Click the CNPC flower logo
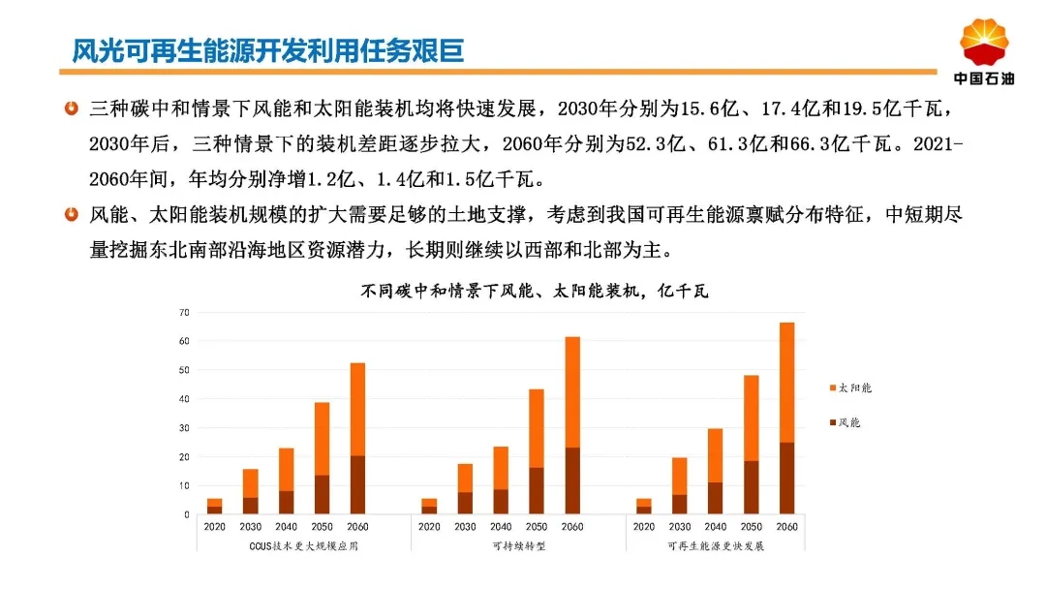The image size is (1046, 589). click(x=984, y=43)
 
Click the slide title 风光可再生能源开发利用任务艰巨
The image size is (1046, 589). click(x=267, y=50)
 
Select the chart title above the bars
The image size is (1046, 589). click(x=535, y=291)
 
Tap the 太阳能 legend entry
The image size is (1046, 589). click(x=850, y=387)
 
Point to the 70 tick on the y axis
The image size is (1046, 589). click(x=184, y=312)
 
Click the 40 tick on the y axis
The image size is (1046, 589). click(x=184, y=399)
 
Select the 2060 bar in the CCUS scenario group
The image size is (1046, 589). click(x=357, y=438)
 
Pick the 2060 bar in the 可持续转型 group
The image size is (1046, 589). click(x=572, y=425)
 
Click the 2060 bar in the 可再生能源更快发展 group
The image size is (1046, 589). click(x=787, y=418)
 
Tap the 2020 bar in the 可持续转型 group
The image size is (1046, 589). click(x=430, y=507)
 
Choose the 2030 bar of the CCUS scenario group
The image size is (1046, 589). click(x=250, y=491)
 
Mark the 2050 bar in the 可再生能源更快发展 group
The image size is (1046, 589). click(x=752, y=445)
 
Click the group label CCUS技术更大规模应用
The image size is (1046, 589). click(x=303, y=546)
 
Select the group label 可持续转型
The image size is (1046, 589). click(x=519, y=546)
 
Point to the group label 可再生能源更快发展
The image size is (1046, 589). click(x=716, y=546)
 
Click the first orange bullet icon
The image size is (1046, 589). click(x=72, y=108)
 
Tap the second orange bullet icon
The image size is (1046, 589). click(x=72, y=214)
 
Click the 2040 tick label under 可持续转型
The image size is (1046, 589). click(x=501, y=527)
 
